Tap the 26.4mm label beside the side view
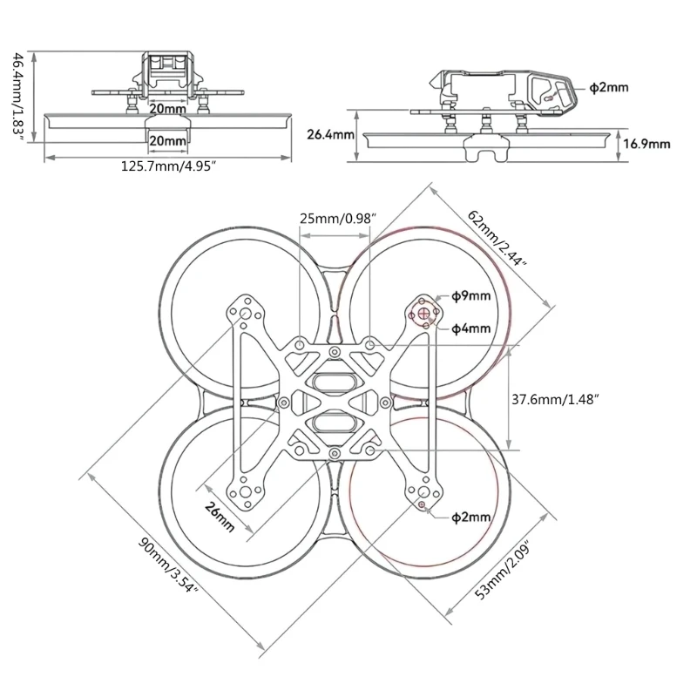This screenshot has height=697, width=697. point(330,134)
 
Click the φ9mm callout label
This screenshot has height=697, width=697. point(471,296)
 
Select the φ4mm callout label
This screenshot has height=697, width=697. point(471,328)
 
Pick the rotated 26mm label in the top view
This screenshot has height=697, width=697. point(220,516)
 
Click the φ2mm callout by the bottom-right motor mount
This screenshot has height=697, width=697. point(471,518)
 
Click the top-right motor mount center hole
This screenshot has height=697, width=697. point(424,310)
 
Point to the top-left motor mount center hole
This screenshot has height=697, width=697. point(247,312)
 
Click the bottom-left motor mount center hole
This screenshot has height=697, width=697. point(247,491)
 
